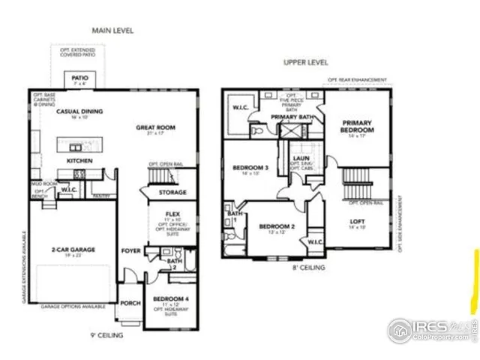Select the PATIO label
79,78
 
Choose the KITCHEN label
79,160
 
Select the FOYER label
131,250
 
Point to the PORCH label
130,304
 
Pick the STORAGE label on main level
172,192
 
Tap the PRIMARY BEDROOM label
358,126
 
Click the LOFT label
358,221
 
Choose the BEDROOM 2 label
277,226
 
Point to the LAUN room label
302,158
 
